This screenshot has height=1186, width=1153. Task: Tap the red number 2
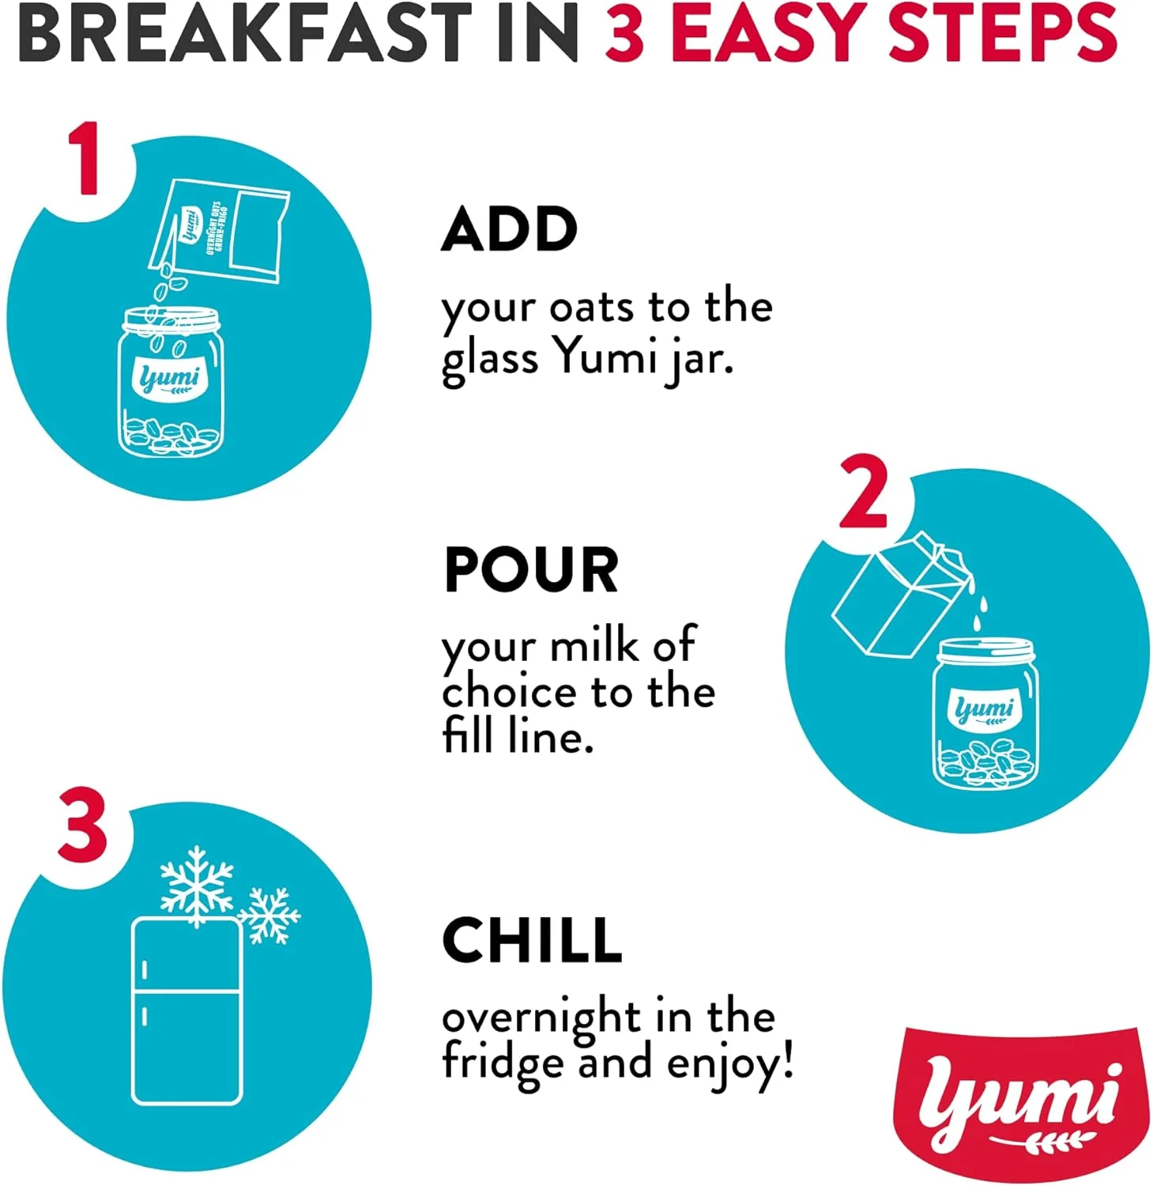pos(865,492)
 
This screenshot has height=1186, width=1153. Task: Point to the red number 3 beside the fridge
pos(83,824)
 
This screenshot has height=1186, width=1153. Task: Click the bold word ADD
pos(510,229)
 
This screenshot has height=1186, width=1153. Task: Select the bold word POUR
pos(531,569)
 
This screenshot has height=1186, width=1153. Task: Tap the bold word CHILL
pos(532,939)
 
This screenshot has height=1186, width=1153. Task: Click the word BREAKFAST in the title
pos(243,33)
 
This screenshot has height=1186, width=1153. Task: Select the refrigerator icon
pos(187,1011)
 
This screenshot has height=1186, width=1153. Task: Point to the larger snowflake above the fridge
pos(196,884)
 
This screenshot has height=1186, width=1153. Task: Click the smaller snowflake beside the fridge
pos(269,916)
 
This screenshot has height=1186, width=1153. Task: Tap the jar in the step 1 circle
pos(169,381)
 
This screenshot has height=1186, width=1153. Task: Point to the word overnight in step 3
pos(540,1018)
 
